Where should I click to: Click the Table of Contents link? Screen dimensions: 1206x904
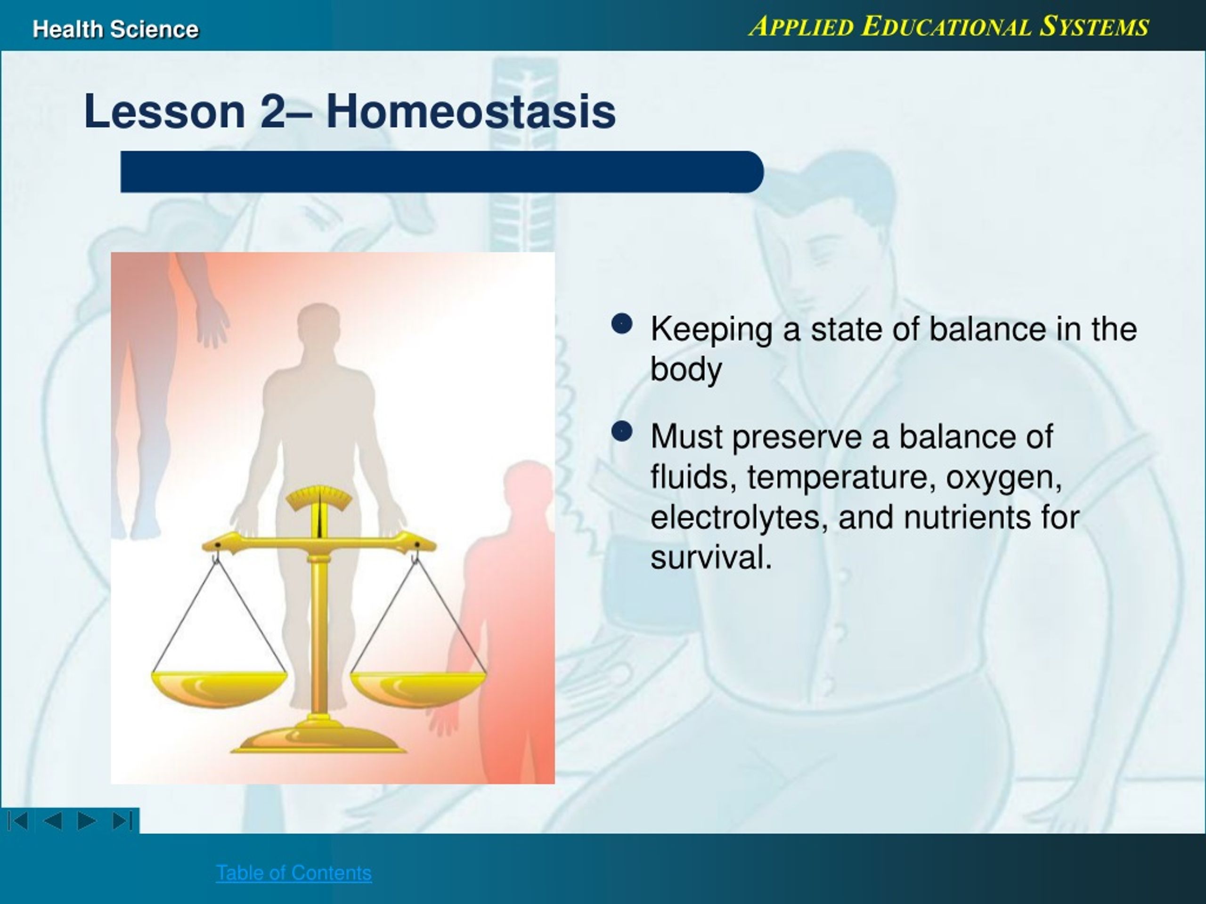tap(294, 873)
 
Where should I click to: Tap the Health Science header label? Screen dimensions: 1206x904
tap(115, 29)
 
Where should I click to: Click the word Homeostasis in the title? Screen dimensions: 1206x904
tap(471, 111)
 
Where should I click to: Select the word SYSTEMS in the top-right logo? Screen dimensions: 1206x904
tap(1094, 26)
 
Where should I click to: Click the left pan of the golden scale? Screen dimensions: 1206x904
tap(219, 689)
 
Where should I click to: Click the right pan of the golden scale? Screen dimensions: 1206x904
tap(418, 689)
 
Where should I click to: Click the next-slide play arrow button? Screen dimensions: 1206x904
tap(87, 821)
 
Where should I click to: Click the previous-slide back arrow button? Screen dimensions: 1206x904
tap(52, 821)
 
